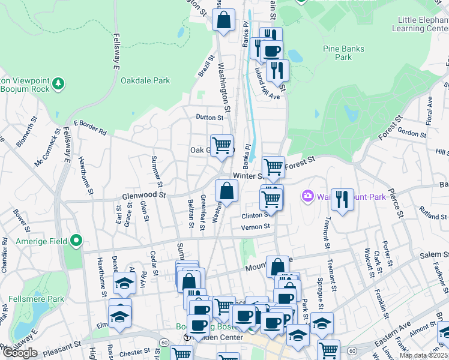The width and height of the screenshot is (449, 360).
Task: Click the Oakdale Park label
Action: (145, 80)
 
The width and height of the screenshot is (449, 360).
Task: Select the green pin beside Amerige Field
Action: (76, 241)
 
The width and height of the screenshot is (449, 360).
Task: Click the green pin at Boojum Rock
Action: (58, 82)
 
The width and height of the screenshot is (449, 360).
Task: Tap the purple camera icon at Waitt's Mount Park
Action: (308, 196)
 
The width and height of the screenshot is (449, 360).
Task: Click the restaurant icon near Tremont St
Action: (342, 200)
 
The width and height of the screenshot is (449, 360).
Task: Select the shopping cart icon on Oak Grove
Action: (221, 145)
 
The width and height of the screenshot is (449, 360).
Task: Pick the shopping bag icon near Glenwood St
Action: (226, 191)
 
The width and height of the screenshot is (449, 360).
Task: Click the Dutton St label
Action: (209, 118)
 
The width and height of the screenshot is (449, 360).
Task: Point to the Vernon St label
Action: (256, 227)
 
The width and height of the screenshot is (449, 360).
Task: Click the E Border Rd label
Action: (90, 127)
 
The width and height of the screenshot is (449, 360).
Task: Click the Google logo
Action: (20, 353)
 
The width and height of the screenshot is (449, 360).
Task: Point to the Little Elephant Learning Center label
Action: (420, 24)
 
